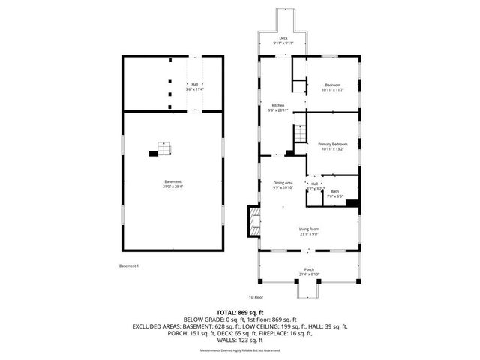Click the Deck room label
pos(283,38)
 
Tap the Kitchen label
pos(277,104)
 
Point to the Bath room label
pos(334,191)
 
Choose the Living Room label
pos(309,229)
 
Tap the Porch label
pos(308,269)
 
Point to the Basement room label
pos(173,181)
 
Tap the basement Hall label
pos(194,84)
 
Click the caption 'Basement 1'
pos(129,265)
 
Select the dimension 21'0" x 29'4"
pos(173,186)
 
